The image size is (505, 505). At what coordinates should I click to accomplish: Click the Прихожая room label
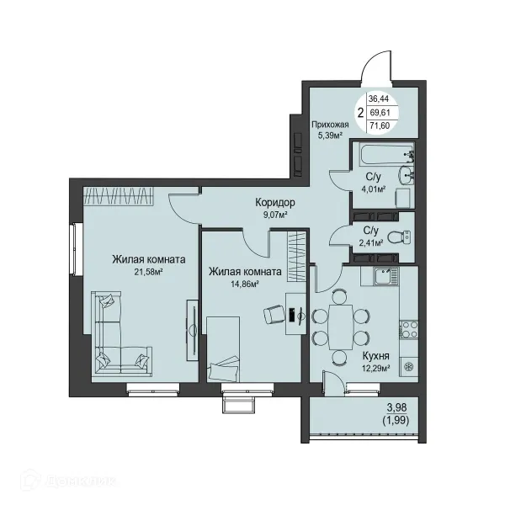(x=330, y=125)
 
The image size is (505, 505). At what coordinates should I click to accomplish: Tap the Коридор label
(x=275, y=203)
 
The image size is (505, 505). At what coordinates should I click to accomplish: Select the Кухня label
(x=376, y=356)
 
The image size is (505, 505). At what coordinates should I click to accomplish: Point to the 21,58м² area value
(x=148, y=273)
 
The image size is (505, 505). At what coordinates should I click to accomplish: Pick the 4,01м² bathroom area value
(x=374, y=189)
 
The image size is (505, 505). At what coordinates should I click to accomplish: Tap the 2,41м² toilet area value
(x=371, y=243)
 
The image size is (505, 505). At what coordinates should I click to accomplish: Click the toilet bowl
(x=399, y=237)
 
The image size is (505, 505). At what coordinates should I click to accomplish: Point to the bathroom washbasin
(x=407, y=175)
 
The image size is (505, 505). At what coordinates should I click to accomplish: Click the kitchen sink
(x=385, y=276)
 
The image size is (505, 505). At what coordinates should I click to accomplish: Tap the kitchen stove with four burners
(x=409, y=329)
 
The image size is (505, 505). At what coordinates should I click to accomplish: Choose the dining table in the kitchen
(x=341, y=327)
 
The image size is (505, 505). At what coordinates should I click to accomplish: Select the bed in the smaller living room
(x=223, y=349)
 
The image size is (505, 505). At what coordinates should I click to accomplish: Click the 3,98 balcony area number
(x=396, y=408)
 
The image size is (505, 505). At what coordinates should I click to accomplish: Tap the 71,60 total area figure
(x=380, y=125)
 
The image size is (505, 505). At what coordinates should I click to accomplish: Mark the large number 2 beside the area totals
(x=361, y=113)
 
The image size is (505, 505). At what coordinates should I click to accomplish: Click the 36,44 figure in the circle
(x=379, y=98)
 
